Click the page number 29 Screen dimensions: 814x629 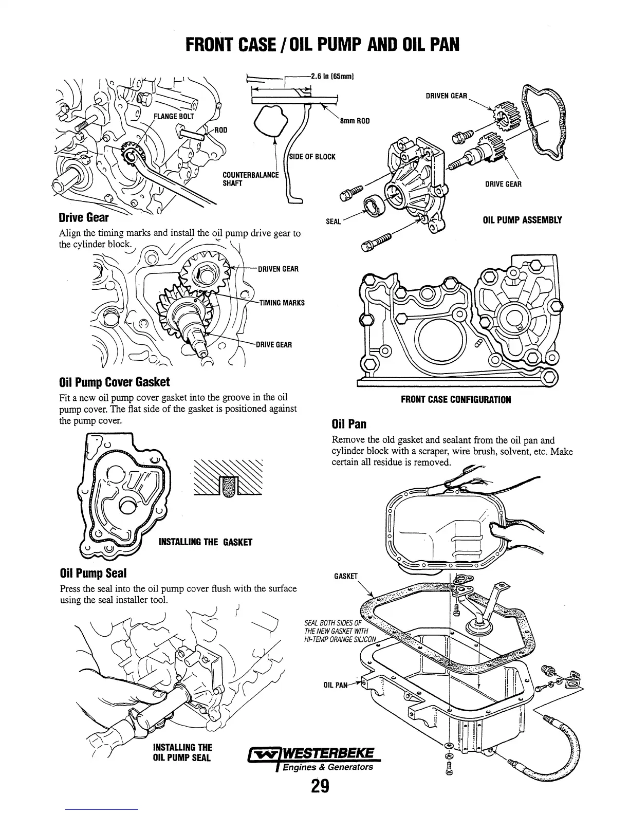pyautogui.click(x=319, y=786)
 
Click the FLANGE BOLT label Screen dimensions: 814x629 pyautogui.click(x=175, y=116)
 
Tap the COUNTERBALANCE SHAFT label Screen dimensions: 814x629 pyautogui.click(x=250, y=179)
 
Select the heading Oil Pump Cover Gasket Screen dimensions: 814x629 pyautogui.click(x=115, y=382)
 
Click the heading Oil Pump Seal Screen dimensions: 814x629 pyautogui.click(x=93, y=573)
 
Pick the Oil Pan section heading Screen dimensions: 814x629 pyautogui.click(x=349, y=424)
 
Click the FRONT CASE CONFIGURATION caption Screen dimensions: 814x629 pyautogui.click(x=456, y=399)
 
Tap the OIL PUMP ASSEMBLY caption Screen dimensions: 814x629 pyautogui.click(x=522, y=220)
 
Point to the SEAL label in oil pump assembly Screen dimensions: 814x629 pyautogui.click(x=334, y=222)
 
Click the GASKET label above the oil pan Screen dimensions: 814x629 pyautogui.click(x=345, y=576)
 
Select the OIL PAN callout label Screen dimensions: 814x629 pyautogui.click(x=336, y=684)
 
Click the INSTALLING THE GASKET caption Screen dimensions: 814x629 pyautogui.click(x=206, y=542)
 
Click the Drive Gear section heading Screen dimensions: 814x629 pyautogui.click(x=84, y=217)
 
